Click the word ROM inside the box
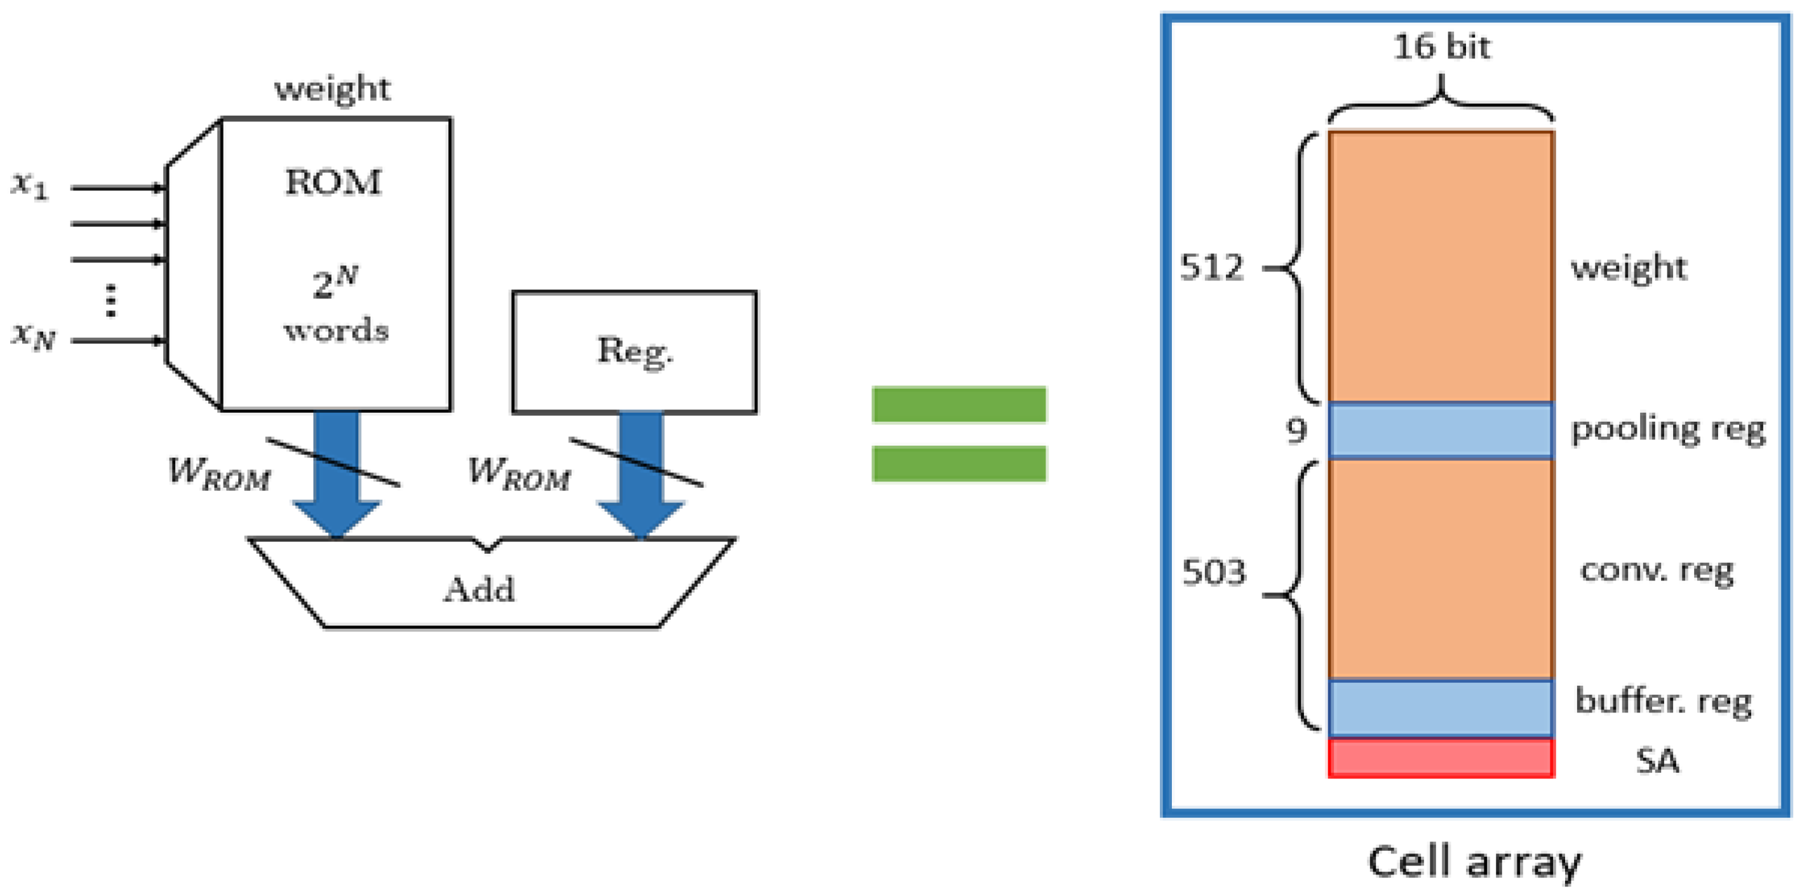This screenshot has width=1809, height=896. point(333,183)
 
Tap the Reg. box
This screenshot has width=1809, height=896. point(634,351)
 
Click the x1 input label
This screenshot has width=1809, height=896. point(29,185)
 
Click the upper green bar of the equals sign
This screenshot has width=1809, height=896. point(958,405)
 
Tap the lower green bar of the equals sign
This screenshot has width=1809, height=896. point(958,464)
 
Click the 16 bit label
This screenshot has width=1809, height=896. point(1441,48)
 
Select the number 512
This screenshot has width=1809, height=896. point(1211,267)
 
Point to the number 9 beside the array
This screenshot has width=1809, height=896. point(1296,430)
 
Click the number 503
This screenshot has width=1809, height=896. point(1213,572)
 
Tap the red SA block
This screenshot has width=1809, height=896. point(1441,757)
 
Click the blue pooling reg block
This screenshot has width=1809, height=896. point(1441,431)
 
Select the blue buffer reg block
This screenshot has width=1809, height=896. point(1441,707)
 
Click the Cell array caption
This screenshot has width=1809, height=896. point(1475,861)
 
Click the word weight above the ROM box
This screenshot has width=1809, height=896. point(332,89)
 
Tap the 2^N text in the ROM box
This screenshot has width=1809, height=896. point(335,283)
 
